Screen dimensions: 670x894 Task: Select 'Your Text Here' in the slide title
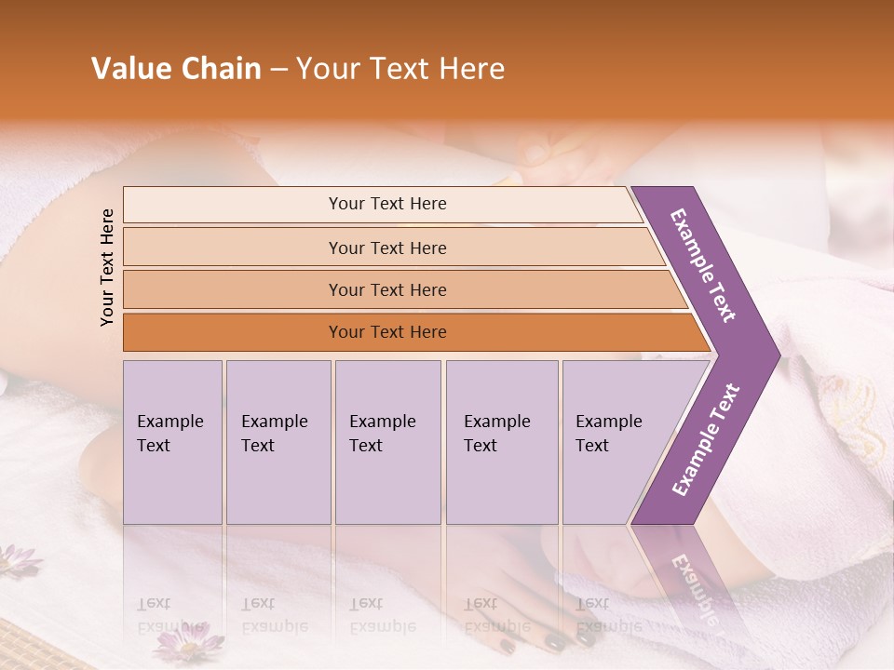click(400, 69)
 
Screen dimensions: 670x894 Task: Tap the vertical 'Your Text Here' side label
click(107, 267)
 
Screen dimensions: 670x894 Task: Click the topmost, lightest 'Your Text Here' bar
click(386, 204)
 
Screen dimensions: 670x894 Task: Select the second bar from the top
click(386, 248)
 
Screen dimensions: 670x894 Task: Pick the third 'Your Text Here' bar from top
click(386, 289)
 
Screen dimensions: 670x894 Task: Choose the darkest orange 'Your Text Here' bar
click(386, 332)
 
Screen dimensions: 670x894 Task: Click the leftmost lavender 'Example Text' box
click(172, 442)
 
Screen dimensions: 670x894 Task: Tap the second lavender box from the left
click(278, 442)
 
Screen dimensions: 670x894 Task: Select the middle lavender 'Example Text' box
click(387, 442)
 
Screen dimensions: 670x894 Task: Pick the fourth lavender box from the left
click(502, 442)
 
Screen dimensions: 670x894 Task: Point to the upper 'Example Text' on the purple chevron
click(703, 265)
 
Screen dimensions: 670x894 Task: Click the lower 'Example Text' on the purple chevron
click(705, 439)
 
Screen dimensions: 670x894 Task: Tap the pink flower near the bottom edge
click(188, 641)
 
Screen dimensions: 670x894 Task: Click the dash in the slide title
click(278, 70)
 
